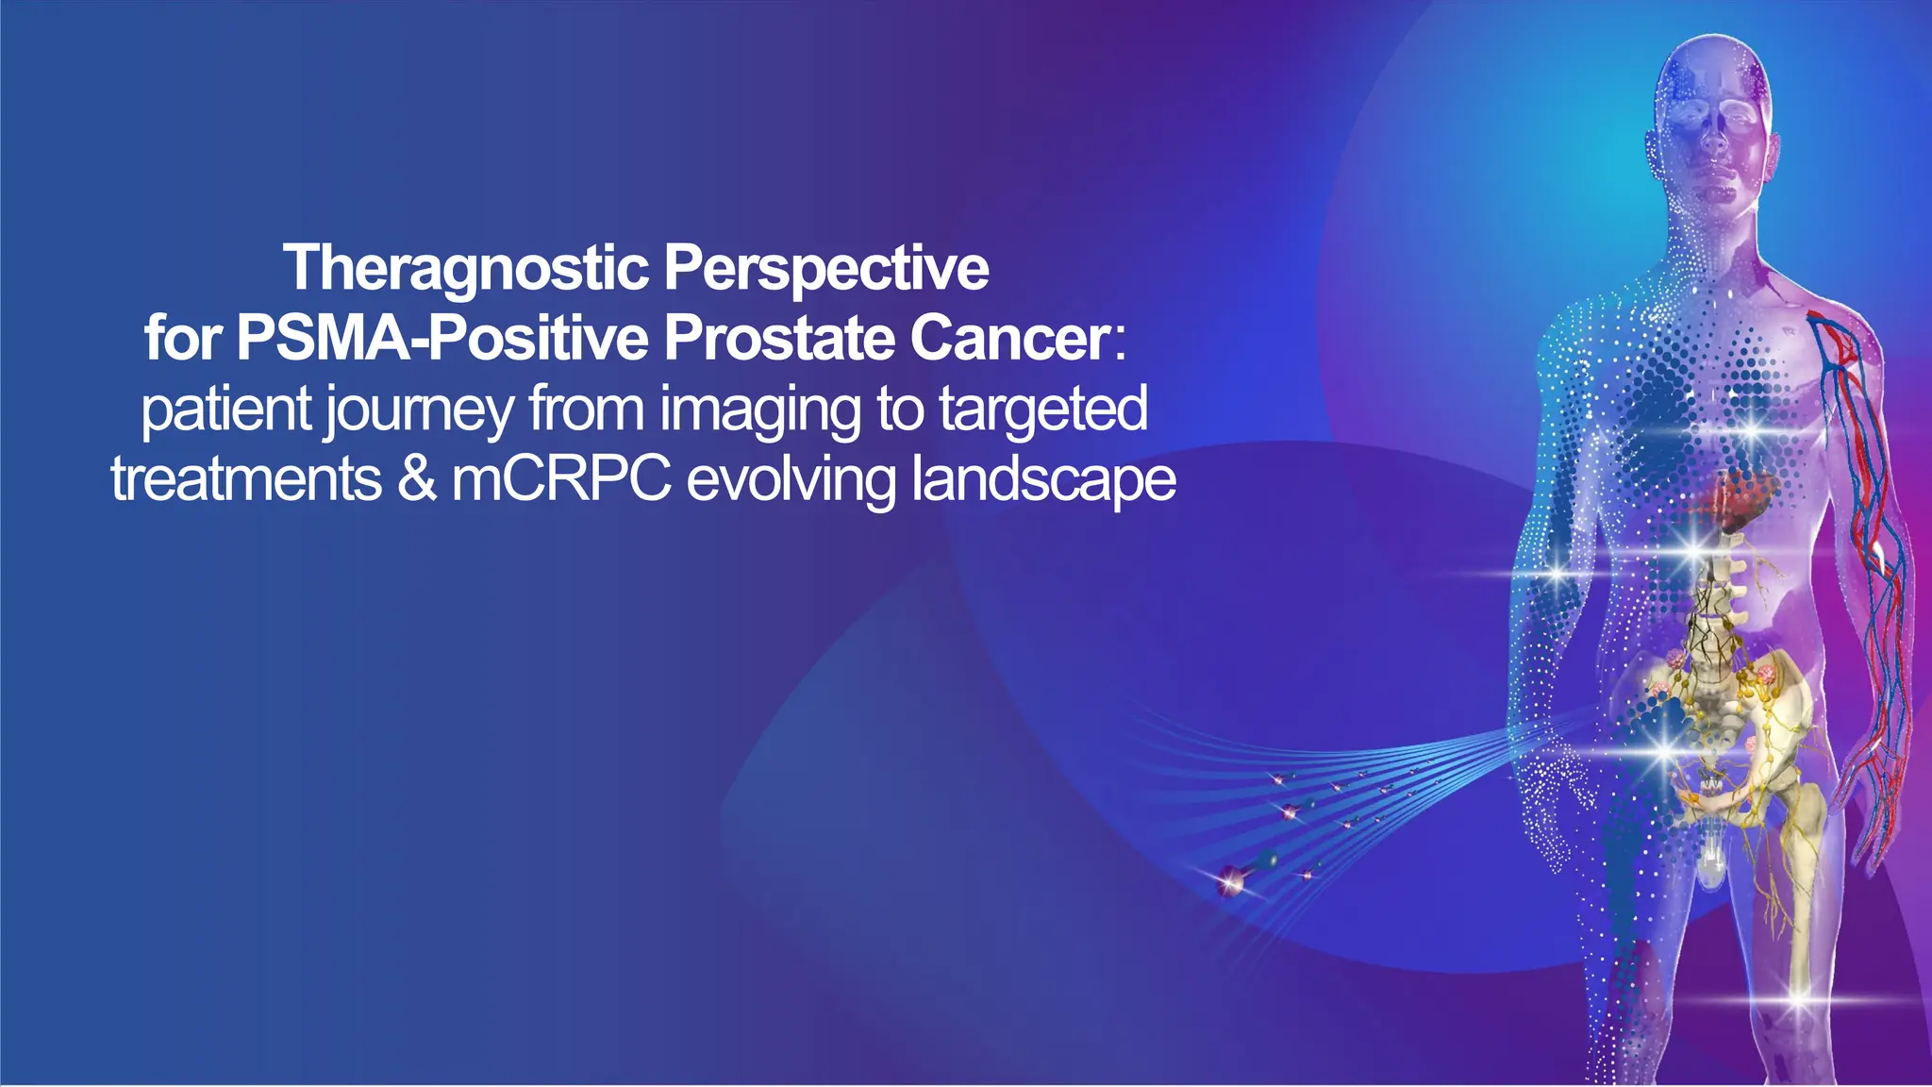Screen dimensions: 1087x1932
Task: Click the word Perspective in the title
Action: click(x=825, y=269)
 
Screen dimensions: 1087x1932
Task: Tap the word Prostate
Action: click(x=779, y=338)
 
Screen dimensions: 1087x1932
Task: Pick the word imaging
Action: click(x=759, y=410)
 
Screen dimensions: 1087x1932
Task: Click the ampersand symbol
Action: click(x=416, y=479)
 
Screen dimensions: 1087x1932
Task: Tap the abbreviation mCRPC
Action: click(x=561, y=479)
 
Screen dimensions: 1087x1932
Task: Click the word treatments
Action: click(x=246, y=479)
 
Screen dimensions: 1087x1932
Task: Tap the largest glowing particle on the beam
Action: click(x=1229, y=881)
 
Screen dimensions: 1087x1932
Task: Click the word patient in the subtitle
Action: click(x=226, y=410)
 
